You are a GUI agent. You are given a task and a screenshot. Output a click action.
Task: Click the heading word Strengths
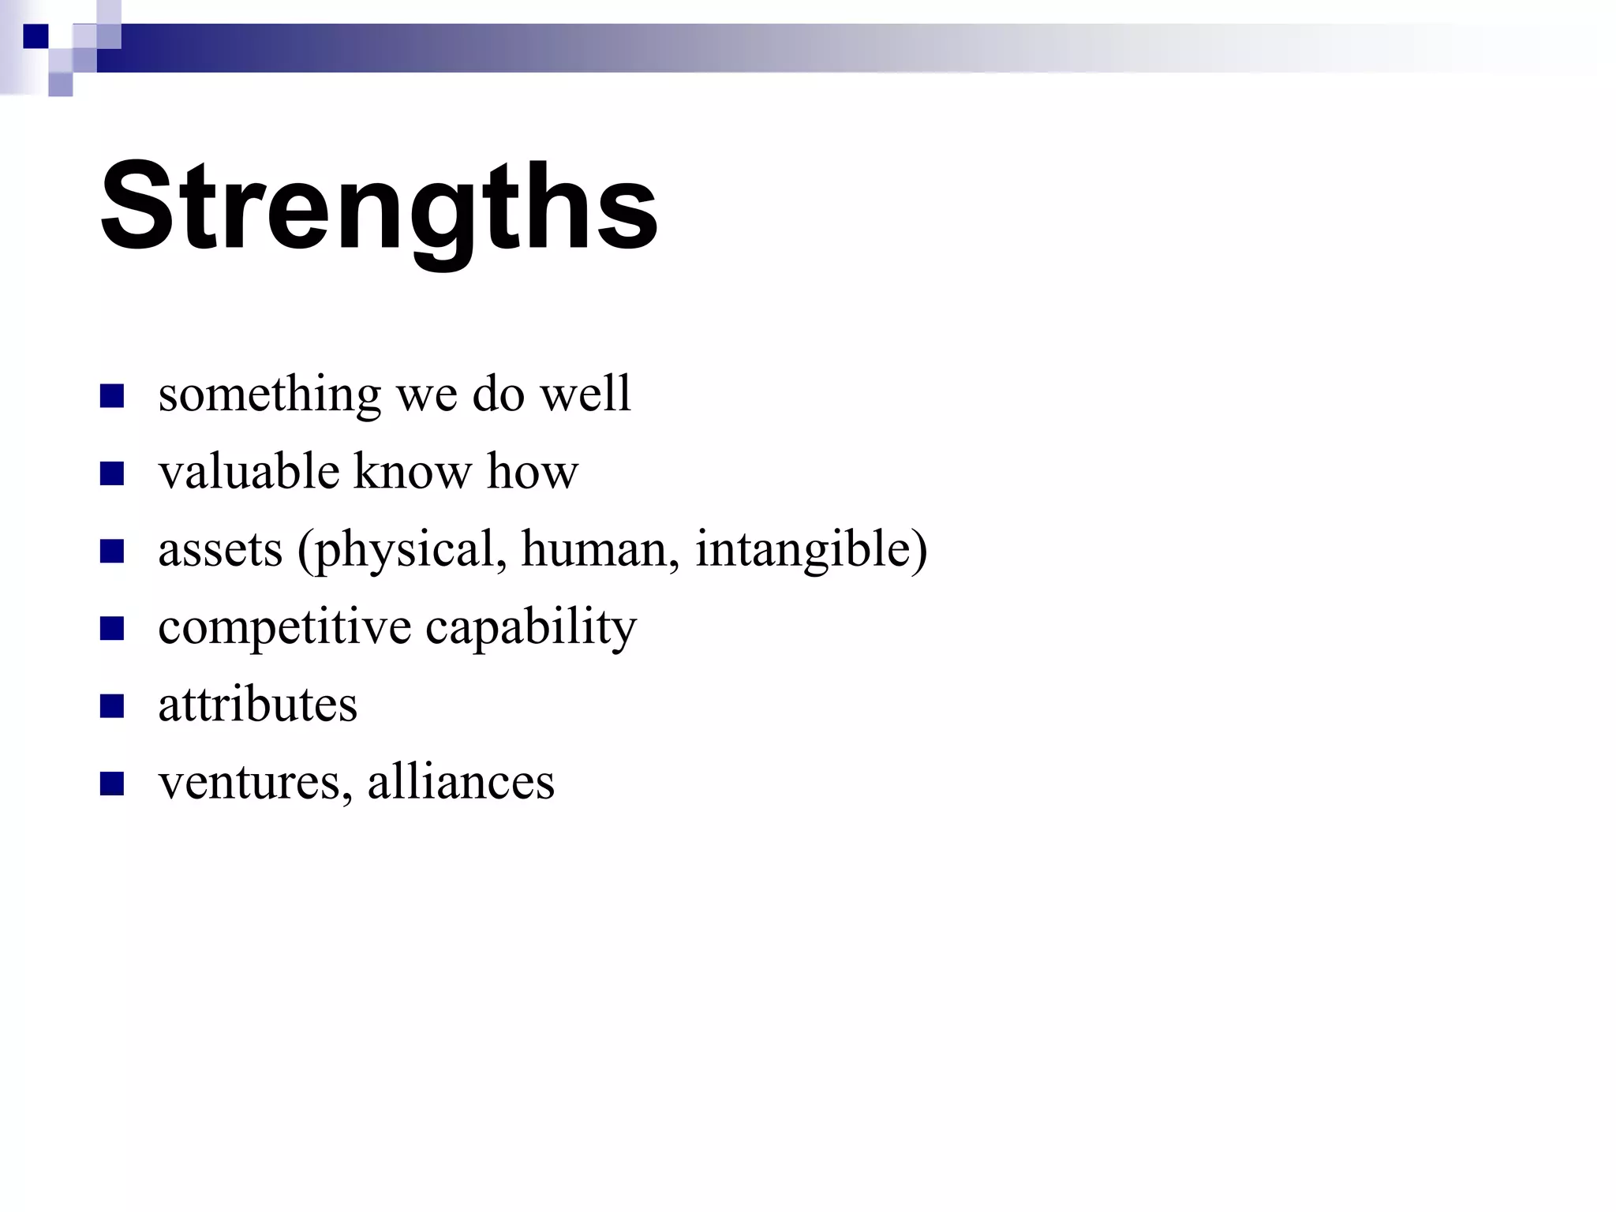coord(379,207)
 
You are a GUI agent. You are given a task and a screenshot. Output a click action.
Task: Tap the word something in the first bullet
coord(269,394)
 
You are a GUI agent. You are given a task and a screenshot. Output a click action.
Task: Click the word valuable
coord(249,471)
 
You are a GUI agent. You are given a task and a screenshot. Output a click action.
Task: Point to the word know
coord(412,471)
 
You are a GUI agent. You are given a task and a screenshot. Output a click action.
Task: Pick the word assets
coord(220,549)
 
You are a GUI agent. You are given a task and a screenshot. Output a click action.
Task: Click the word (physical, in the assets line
coord(402,549)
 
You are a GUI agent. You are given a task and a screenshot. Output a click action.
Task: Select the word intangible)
coord(811,549)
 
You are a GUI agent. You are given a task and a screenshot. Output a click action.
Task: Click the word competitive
coord(284,627)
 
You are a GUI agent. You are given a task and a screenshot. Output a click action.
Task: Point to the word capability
coord(530,627)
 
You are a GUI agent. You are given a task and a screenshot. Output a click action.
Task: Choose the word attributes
coord(257,705)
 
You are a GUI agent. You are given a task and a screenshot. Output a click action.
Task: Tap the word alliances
coord(461,783)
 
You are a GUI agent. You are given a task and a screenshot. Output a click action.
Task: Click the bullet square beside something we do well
coord(112,396)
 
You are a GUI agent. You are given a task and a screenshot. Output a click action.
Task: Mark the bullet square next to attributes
coord(112,706)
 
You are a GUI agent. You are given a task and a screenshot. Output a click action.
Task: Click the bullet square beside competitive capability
coord(112,629)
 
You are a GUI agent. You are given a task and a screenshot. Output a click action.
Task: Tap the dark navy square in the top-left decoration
coord(36,36)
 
